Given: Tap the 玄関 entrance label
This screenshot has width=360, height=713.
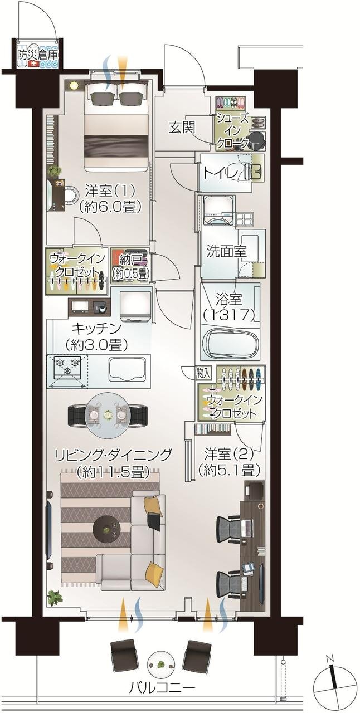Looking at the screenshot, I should pyautogui.click(x=182, y=127).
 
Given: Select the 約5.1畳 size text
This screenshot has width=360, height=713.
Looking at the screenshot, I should pyautogui.click(x=229, y=470).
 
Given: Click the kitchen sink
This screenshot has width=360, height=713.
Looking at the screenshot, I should pyautogui.click(x=129, y=368).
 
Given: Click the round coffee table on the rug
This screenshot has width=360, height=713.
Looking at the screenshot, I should pyautogui.click(x=108, y=526).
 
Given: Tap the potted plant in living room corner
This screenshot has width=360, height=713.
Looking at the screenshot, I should pyautogui.click(x=54, y=598).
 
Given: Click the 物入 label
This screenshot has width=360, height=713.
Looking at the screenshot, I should pyautogui.click(x=203, y=372).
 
